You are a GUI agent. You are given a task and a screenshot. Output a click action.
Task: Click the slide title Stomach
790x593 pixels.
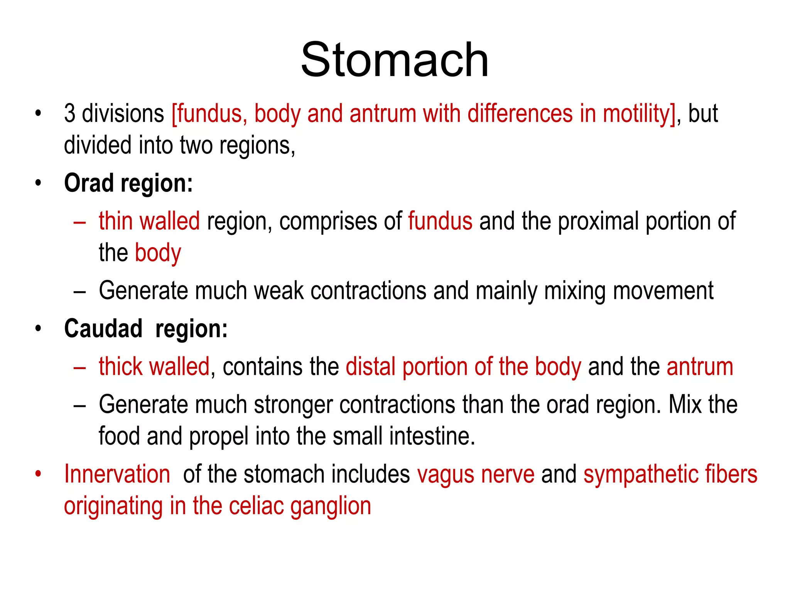click(395, 60)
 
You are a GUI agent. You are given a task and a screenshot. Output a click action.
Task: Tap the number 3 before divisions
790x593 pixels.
click(69, 114)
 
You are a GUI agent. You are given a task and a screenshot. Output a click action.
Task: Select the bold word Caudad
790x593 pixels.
click(103, 329)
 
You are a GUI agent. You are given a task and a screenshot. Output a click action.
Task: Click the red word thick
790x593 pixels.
click(120, 366)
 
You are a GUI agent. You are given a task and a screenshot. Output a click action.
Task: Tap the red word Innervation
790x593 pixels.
click(117, 474)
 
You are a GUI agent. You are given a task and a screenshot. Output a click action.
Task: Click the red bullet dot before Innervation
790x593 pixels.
click(38, 474)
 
